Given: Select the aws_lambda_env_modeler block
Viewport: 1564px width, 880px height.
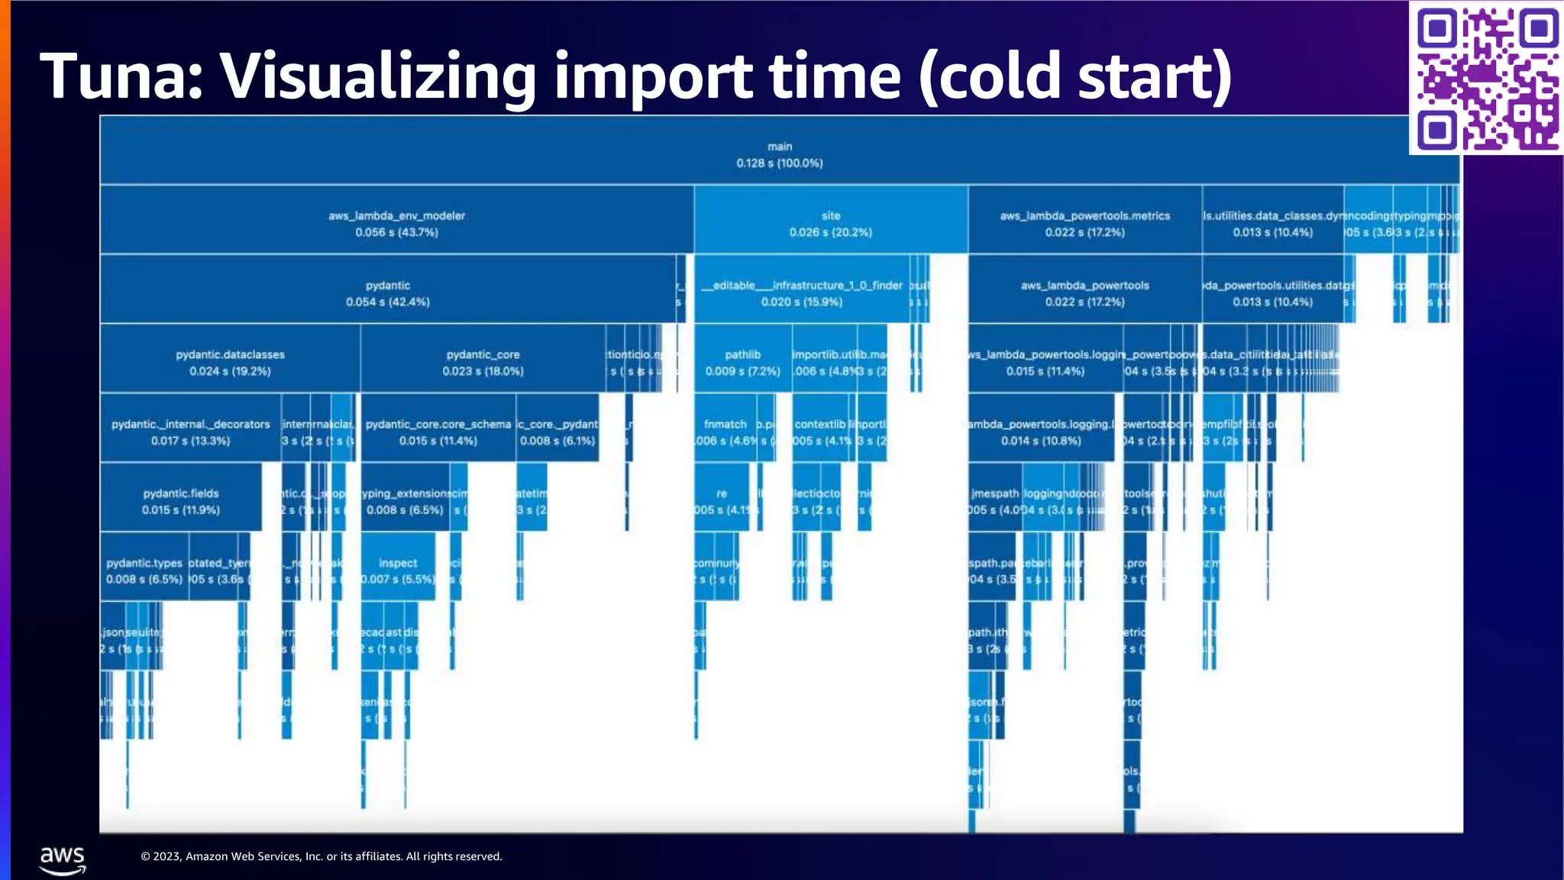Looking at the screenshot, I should (x=396, y=222).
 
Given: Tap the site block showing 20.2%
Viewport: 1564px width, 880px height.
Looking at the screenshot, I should (x=831, y=222).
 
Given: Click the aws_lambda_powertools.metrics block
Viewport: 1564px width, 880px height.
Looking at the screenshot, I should (x=1084, y=222).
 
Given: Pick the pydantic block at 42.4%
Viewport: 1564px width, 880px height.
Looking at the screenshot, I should (x=387, y=293).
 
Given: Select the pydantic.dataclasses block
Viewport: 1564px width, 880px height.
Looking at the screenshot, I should (x=230, y=361).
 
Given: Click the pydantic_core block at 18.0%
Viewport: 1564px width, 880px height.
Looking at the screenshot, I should (x=483, y=361).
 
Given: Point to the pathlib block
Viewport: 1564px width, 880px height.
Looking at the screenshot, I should (x=742, y=361).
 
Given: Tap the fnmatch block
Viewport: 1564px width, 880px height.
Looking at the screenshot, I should (x=725, y=431).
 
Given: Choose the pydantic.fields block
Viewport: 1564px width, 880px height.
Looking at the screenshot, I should (x=180, y=500).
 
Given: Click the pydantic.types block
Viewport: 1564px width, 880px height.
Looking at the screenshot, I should (x=144, y=570).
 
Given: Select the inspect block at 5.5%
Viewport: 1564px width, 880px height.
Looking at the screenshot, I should (x=397, y=570).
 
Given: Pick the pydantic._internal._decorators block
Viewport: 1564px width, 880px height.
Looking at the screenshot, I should (x=190, y=431).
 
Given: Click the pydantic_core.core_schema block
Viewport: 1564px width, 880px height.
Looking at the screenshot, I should (x=438, y=431).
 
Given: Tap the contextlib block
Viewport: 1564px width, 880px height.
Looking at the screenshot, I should (x=820, y=431).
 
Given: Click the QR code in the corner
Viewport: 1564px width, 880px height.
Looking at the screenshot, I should (x=1486, y=77).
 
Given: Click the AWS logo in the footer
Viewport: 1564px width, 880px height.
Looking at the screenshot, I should (x=63, y=860).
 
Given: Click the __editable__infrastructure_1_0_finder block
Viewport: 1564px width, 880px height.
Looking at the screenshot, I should (x=801, y=293).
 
